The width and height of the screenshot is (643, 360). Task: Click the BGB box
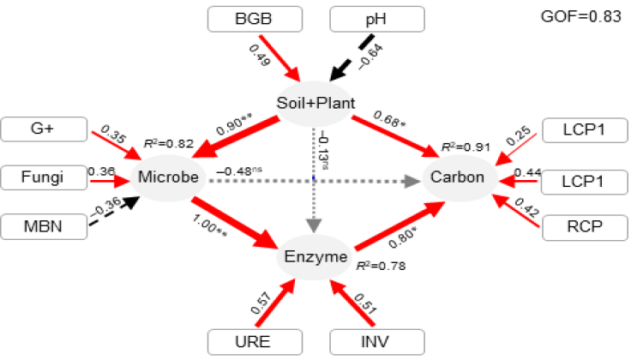(254, 18)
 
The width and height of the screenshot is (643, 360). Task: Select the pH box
(377, 18)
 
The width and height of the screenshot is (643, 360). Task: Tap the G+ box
(44, 130)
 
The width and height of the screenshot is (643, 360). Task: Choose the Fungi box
(44, 178)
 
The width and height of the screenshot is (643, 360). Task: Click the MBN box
(44, 227)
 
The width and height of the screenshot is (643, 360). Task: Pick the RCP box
(585, 227)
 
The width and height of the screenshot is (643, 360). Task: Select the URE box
(254, 341)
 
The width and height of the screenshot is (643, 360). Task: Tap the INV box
(377, 341)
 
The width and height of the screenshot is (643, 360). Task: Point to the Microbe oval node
(169, 178)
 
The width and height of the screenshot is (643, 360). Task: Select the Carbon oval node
(459, 178)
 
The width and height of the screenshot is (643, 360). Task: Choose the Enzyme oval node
(315, 256)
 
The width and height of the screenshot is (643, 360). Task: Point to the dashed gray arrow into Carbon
(360, 181)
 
